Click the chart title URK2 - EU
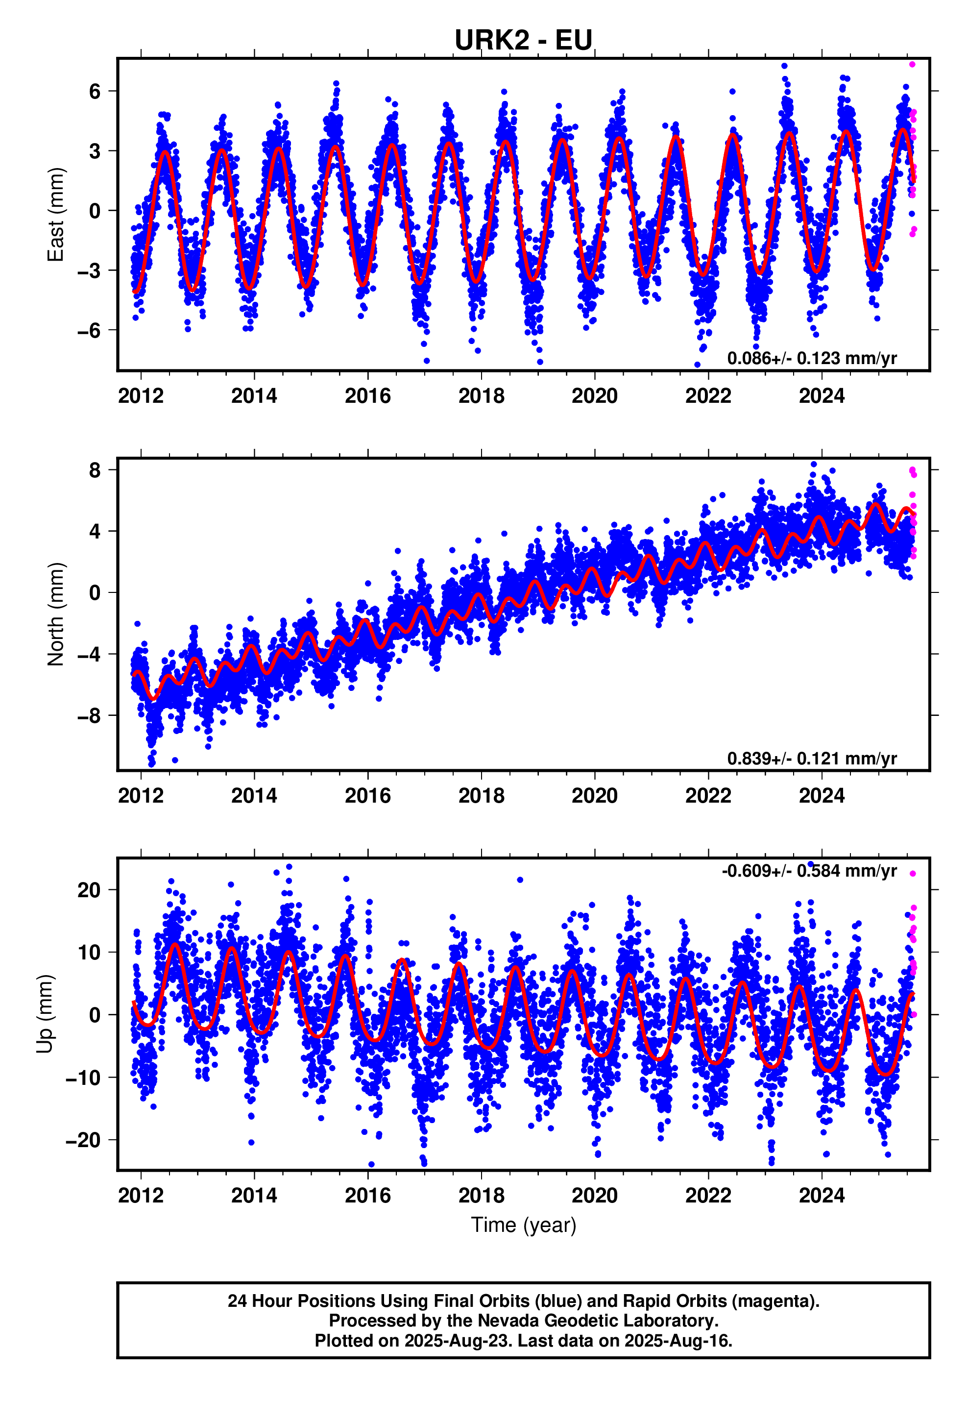point(523,40)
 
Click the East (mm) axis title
point(56,214)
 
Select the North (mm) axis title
point(56,613)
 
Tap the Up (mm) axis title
point(45,1013)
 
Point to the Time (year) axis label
point(523,1225)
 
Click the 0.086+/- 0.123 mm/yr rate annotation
point(812,358)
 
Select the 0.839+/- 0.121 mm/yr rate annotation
point(812,758)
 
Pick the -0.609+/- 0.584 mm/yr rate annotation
point(809,871)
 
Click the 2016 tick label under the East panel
point(368,396)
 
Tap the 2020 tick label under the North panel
point(595,795)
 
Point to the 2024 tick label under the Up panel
point(822,1195)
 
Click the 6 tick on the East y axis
point(94,91)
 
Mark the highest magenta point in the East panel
point(912,64)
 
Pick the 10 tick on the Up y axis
point(89,952)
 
